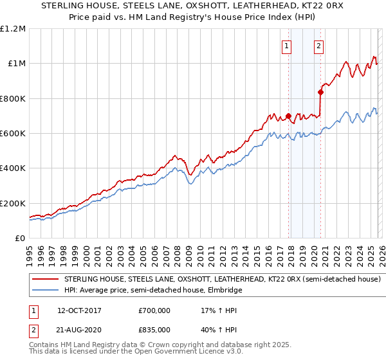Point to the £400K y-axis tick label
point(13,168)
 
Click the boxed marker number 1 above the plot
point(286,46)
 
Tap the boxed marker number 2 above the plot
point(318,46)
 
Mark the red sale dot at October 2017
point(288,116)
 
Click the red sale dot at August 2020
point(320,92)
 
